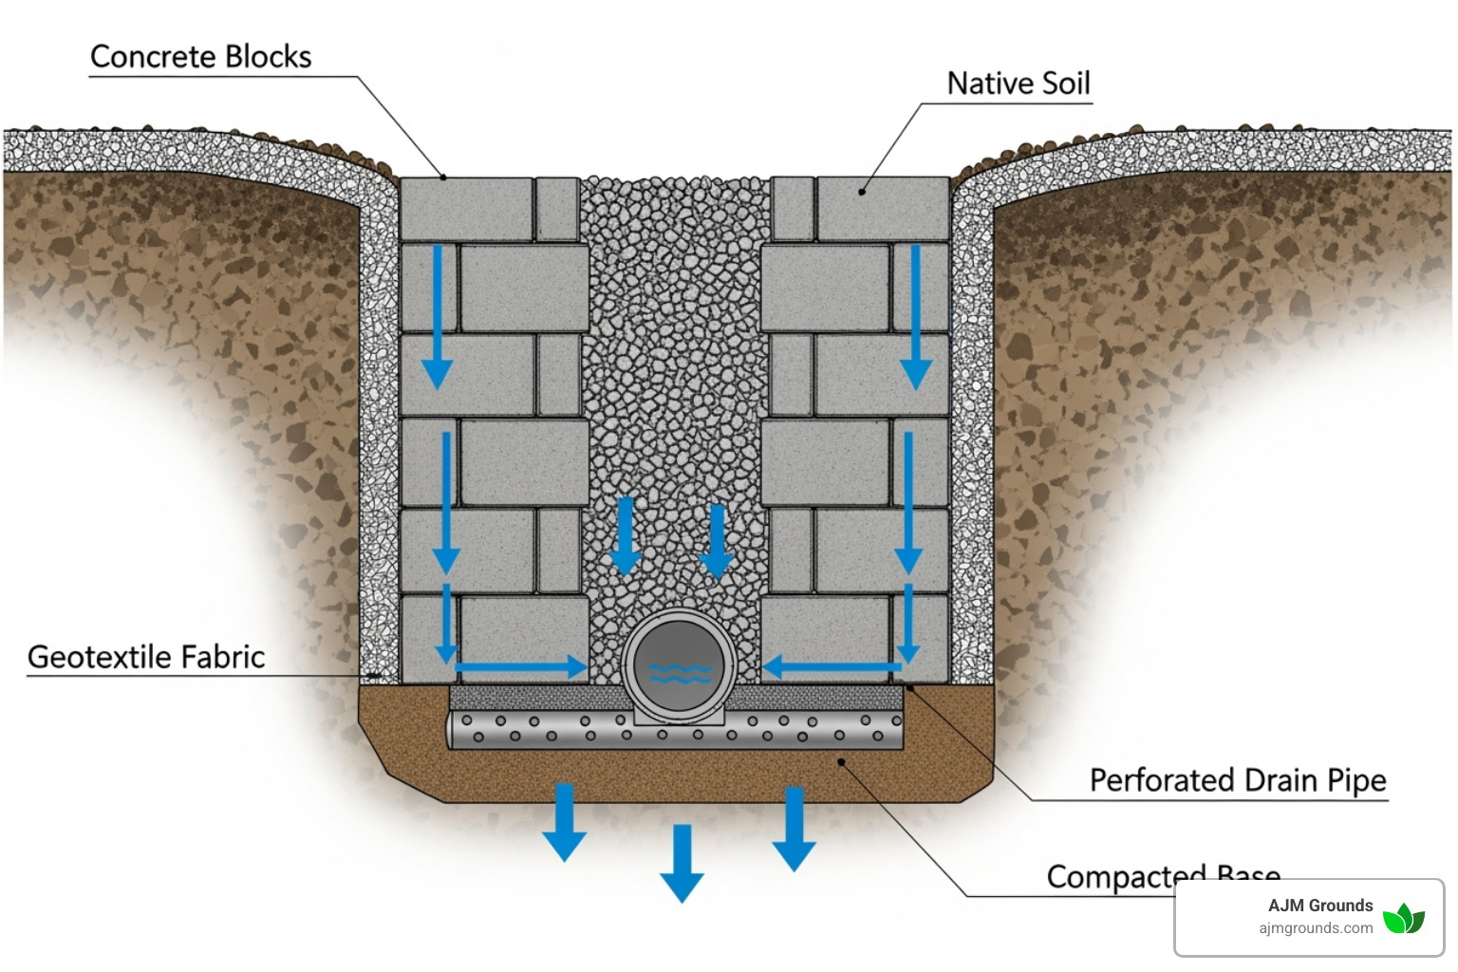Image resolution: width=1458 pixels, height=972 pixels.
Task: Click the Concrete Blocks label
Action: coord(200,57)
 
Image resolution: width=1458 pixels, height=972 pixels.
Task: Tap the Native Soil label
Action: coord(1019,84)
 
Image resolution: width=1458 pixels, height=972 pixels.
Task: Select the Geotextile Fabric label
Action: coord(146,657)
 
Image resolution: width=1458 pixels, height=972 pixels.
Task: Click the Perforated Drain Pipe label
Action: coord(1237,780)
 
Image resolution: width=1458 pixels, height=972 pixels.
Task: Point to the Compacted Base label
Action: coord(1163,875)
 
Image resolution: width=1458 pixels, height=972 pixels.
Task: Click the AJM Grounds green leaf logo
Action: coord(1403,918)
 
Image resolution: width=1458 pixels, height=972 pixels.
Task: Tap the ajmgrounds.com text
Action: coord(1316,928)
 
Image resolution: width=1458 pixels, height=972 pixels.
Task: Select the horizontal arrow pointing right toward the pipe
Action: coord(520,667)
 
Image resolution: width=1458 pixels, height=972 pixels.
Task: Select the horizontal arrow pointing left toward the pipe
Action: coord(832,667)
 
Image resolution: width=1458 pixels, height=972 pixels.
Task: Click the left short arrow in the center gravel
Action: coord(625,536)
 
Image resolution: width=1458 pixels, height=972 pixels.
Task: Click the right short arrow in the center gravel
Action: coord(717,541)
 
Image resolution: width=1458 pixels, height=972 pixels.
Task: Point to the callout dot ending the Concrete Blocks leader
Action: coord(443,177)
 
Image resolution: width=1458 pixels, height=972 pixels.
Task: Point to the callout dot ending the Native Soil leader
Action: coord(862,192)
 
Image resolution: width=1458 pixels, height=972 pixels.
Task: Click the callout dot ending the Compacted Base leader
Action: coord(841,761)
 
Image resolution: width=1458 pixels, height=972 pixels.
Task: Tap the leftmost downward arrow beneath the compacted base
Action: coord(564,821)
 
